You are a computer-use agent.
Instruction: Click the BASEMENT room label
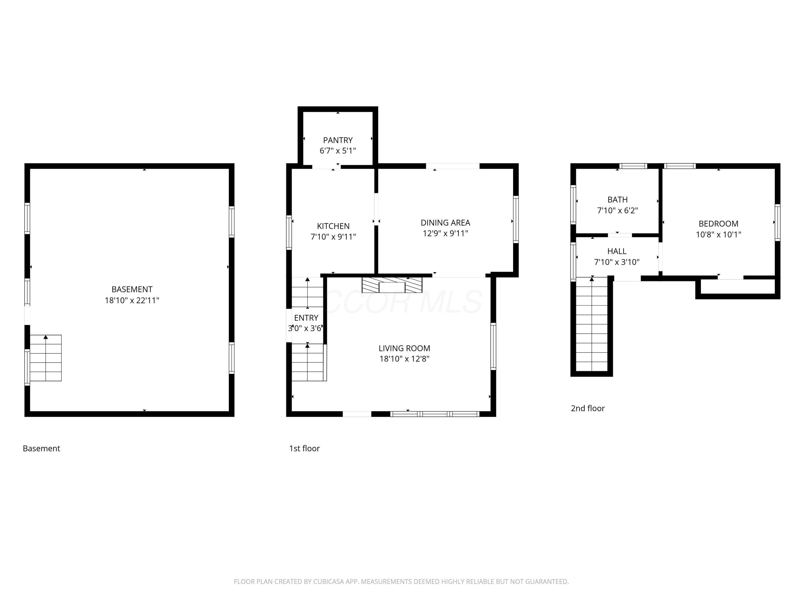click(x=132, y=289)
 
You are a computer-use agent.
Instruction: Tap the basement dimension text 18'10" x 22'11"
click(x=132, y=300)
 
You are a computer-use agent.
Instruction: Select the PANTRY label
click(x=338, y=140)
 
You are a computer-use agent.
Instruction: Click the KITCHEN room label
click(x=333, y=226)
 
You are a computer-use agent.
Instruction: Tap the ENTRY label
click(x=306, y=318)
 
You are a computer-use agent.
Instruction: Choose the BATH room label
click(x=617, y=200)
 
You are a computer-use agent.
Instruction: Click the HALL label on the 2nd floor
click(x=616, y=251)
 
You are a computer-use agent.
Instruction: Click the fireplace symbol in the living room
click(x=392, y=285)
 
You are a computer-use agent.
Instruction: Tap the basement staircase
click(x=46, y=358)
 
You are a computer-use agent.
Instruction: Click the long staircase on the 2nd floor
click(x=592, y=324)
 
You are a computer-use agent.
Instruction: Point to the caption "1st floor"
click(x=304, y=448)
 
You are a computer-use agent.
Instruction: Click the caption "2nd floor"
click(x=588, y=408)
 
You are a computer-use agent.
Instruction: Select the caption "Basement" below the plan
click(x=41, y=448)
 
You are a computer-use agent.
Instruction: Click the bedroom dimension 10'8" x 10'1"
click(x=718, y=234)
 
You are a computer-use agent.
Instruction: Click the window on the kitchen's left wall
click(x=289, y=232)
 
